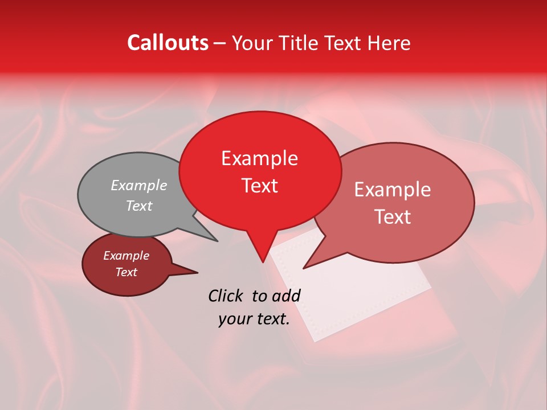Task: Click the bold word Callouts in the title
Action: pyautogui.click(x=168, y=43)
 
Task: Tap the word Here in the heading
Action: pyautogui.click(x=389, y=43)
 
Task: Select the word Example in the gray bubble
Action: pyautogui.click(x=139, y=185)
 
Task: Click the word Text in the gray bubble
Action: pyautogui.click(x=139, y=206)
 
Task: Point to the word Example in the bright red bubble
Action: pyautogui.click(x=259, y=158)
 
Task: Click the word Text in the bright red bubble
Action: pyautogui.click(x=260, y=186)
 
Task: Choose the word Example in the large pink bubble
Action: pyautogui.click(x=393, y=190)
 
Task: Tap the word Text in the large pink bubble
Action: pyautogui.click(x=393, y=217)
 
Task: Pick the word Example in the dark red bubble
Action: pyautogui.click(x=126, y=256)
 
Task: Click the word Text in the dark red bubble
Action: pyautogui.click(x=126, y=272)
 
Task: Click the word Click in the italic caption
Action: pyautogui.click(x=228, y=296)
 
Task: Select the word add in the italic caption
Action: pyautogui.click(x=286, y=296)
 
